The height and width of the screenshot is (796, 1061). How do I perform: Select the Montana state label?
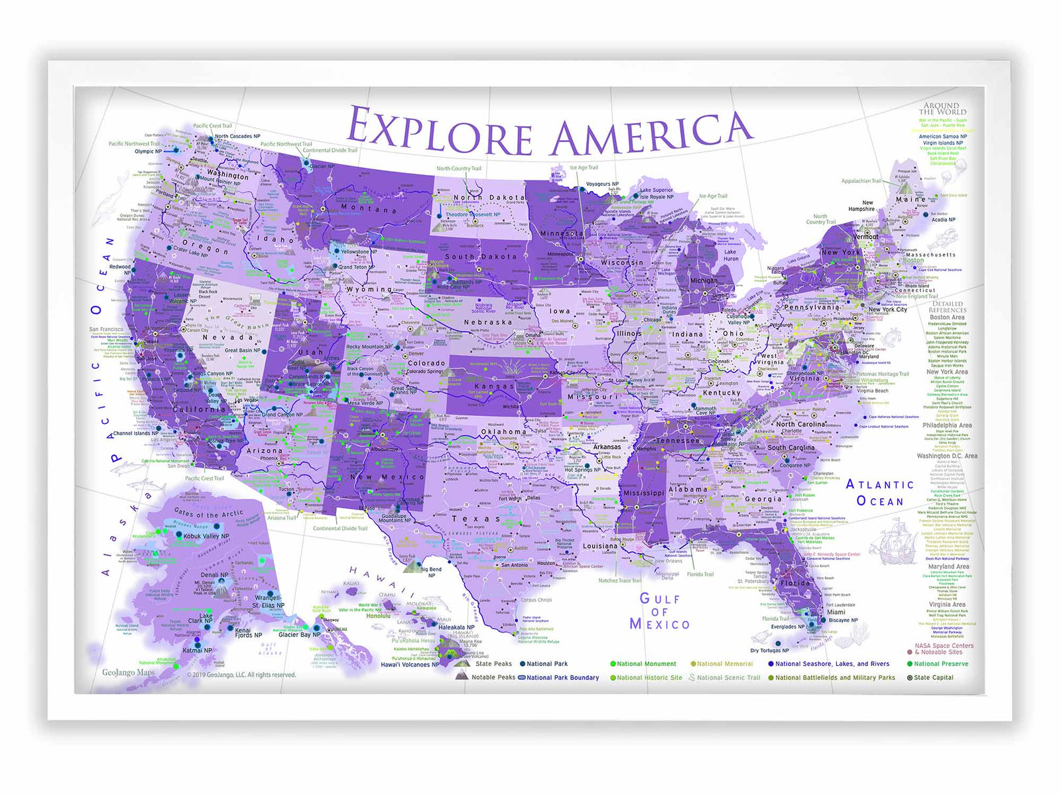(369, 208)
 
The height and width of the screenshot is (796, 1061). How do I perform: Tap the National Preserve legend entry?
(940, 663)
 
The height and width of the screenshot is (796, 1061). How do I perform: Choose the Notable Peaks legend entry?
(493, 677)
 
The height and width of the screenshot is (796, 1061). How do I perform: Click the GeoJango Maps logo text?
(128, 672)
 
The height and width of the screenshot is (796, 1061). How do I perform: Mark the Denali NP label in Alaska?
(214, 575)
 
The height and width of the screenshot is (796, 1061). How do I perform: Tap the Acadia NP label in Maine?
(943, 220)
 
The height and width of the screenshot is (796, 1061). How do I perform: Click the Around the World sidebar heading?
(942, 109)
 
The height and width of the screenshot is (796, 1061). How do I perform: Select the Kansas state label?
(494, 386)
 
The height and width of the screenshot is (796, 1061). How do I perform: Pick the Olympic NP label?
(148, 151)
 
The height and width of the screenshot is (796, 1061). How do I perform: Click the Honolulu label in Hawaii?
(378, 616)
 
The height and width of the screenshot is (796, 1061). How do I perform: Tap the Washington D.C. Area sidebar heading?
(946, 456)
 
